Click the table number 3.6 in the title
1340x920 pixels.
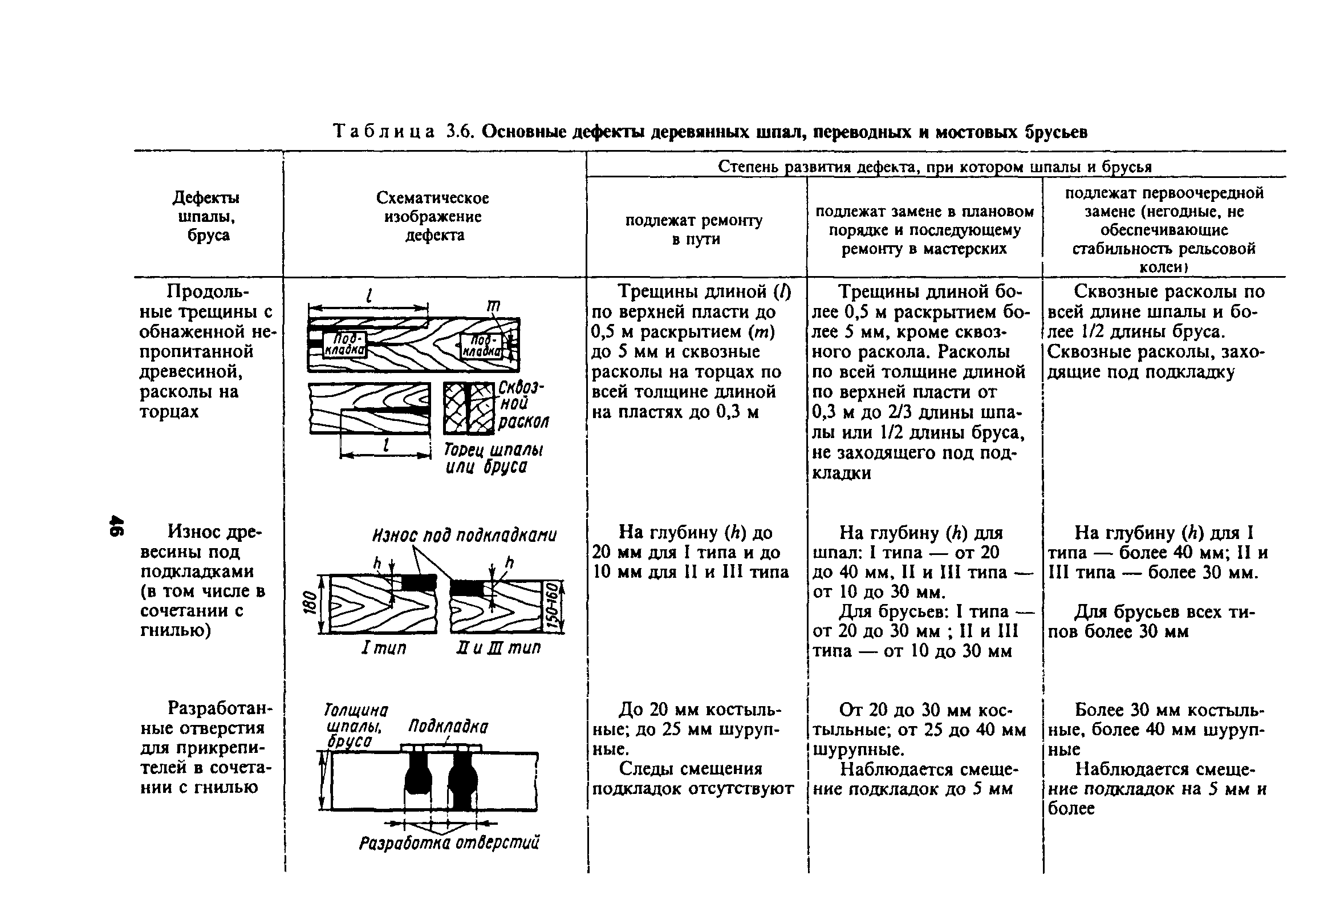(x=460, y=132)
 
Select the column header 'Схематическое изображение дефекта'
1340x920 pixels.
(x=433, y=216)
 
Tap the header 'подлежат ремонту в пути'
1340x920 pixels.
(x=694, y=229)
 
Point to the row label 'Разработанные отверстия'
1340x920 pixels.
(x=206, y=748)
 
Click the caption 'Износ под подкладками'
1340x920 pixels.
(x=464, y=535)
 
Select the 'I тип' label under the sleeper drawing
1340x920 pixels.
(x=383, y=648)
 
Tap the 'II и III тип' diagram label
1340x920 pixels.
(x=498, y=648)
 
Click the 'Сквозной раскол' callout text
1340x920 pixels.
(x=522, y=404)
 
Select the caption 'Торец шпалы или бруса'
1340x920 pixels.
(x=493, y=459)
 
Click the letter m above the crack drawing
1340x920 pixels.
(x=494, y=306)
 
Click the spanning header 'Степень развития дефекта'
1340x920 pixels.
(x=935, y=167)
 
